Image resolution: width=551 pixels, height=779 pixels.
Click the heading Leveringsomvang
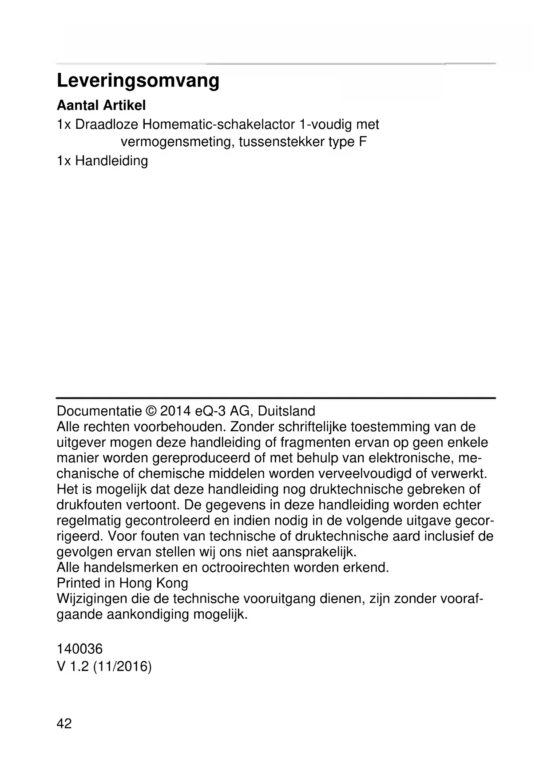click(138, 81)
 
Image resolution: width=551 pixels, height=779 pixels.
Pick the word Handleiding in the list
click(111, 160)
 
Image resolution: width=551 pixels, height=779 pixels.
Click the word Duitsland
click(286, 411)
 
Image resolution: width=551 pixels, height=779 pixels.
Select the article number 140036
click(79, 649)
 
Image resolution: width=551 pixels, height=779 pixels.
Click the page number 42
click(64, 723)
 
